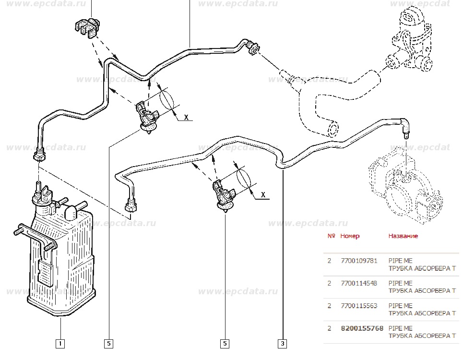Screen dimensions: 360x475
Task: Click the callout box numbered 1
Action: [60, 343]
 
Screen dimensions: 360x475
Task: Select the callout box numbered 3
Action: [283, 343]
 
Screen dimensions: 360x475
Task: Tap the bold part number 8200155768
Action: [362, 328]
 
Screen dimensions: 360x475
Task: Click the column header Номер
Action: [350, 236]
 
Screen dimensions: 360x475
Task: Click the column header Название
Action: [403, 236]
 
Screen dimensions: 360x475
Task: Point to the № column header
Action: [331, 236]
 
